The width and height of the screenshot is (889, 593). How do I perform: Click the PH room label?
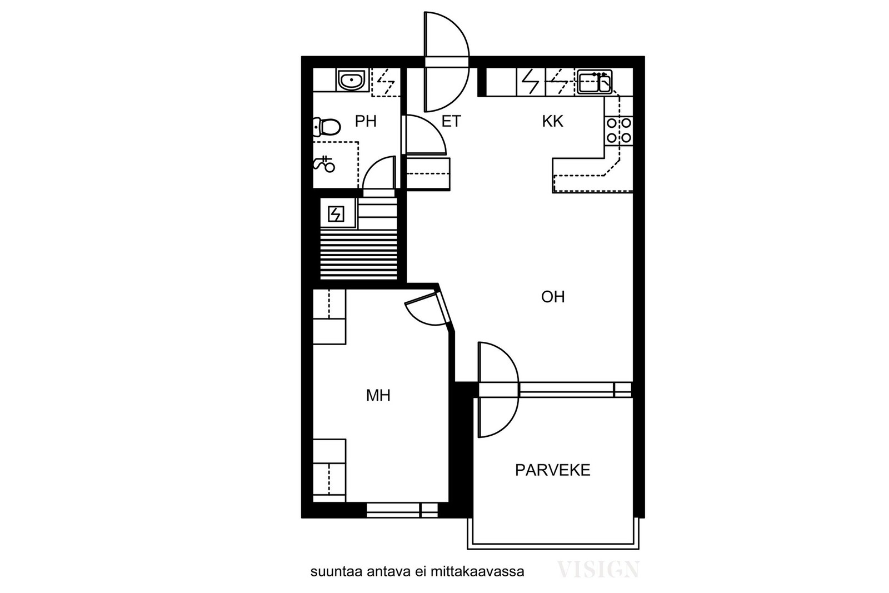366,121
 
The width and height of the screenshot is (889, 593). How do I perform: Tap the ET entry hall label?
451,121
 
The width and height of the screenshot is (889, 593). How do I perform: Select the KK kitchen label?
552,121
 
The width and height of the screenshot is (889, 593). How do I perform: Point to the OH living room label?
553,297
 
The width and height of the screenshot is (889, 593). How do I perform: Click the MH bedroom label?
378,395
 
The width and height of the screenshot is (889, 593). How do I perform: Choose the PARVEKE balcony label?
552,470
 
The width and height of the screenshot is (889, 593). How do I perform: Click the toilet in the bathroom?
327,127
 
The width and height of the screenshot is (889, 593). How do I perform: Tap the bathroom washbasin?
352,80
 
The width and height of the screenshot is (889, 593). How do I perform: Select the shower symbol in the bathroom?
324,163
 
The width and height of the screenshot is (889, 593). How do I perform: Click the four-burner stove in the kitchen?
619,131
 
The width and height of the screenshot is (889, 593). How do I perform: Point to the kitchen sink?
594,82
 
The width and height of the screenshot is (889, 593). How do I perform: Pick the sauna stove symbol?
336,215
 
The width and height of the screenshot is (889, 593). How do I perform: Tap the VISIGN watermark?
598,569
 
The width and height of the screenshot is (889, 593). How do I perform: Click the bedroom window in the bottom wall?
402,510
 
